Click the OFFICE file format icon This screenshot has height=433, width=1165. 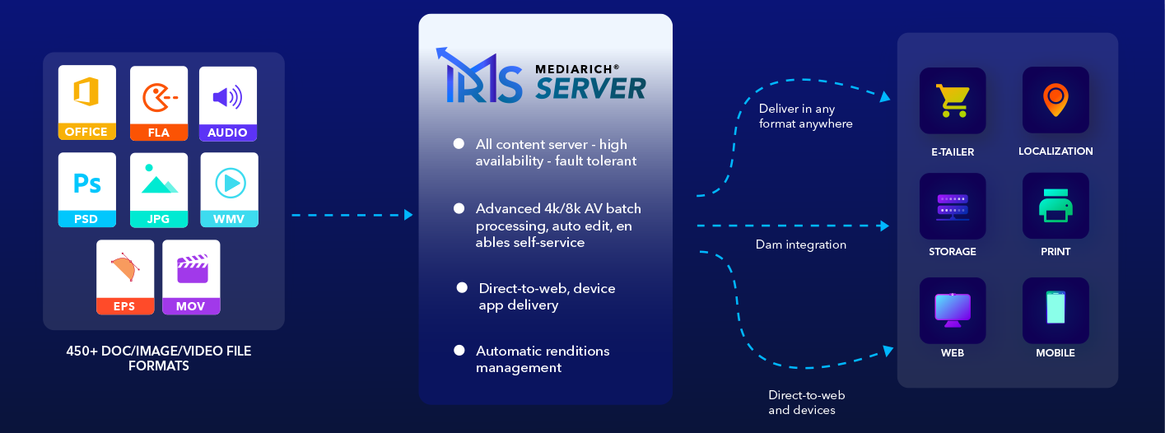pyautogui.click(x=86, y=103)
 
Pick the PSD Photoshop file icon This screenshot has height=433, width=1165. pyautogui.click(x=86, y=189)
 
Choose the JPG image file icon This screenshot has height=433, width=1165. pyautogui.click(x=159, y=189)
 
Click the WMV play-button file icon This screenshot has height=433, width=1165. pyautogui.click(x=229, y=189)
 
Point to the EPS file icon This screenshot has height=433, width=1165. pyautogui.click(x=124, y=277)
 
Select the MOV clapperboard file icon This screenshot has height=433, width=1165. pyautogui.click(x=191, y=277)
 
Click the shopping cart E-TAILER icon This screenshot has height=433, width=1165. pyautogui.click(x=952, y=100)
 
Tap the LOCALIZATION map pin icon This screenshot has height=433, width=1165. pyautogui.click(x=1055, y=100)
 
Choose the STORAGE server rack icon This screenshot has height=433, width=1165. pyautogui.click(x=952, y=206)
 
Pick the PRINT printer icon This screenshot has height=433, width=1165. pyautogui.click(x=1055, y=206)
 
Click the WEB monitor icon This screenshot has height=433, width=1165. pyautogui.click(x=952, y=310)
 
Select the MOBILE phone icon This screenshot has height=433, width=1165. pyautogui.click(x=1055, y=310)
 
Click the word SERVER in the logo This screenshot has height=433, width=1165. pyautogui.click(x=590, y=88)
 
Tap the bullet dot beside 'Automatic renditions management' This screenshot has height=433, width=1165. pyautogui.click(x=459, y=351)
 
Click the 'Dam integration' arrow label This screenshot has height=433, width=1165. pyautogui.click(x=800, y=244)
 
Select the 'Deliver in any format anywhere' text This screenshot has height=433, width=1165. pyautogui.click(x=805, y=116)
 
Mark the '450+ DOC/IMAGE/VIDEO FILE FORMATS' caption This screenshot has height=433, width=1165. pyautogui.click(x=159, y=358)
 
